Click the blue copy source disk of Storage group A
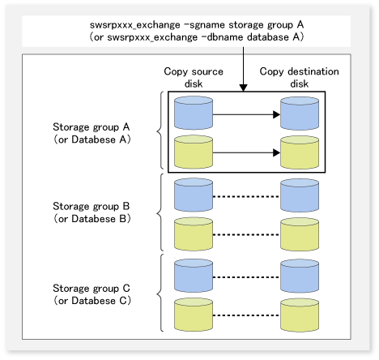[x=194, y=113]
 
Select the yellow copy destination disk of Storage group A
[x=300, y=152]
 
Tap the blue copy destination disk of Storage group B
[x=300, y=195]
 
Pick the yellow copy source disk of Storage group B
[x=194, y=234]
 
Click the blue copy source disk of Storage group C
[x=194, y=276]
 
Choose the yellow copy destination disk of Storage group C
[x=300, y=315]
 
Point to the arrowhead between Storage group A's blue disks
[x=276, y=114]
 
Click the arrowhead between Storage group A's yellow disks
[x=276, y=152]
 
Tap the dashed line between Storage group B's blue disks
[x=246, y=196]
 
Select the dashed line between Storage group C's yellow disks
[x=246, y=315]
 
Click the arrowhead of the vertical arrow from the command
[x=243, y=88]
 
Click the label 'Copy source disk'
[x=194, y=78]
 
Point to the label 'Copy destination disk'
[x=299, y=78]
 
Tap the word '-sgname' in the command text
[x=207, y=25]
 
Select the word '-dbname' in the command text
[x=225, y=37]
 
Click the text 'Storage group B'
[x=92, y=206]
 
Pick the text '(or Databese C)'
[x=92, y=301]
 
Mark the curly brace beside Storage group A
[x=160, y=131]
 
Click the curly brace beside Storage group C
[x=160, y=293]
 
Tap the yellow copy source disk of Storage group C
[x=194, y=315]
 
